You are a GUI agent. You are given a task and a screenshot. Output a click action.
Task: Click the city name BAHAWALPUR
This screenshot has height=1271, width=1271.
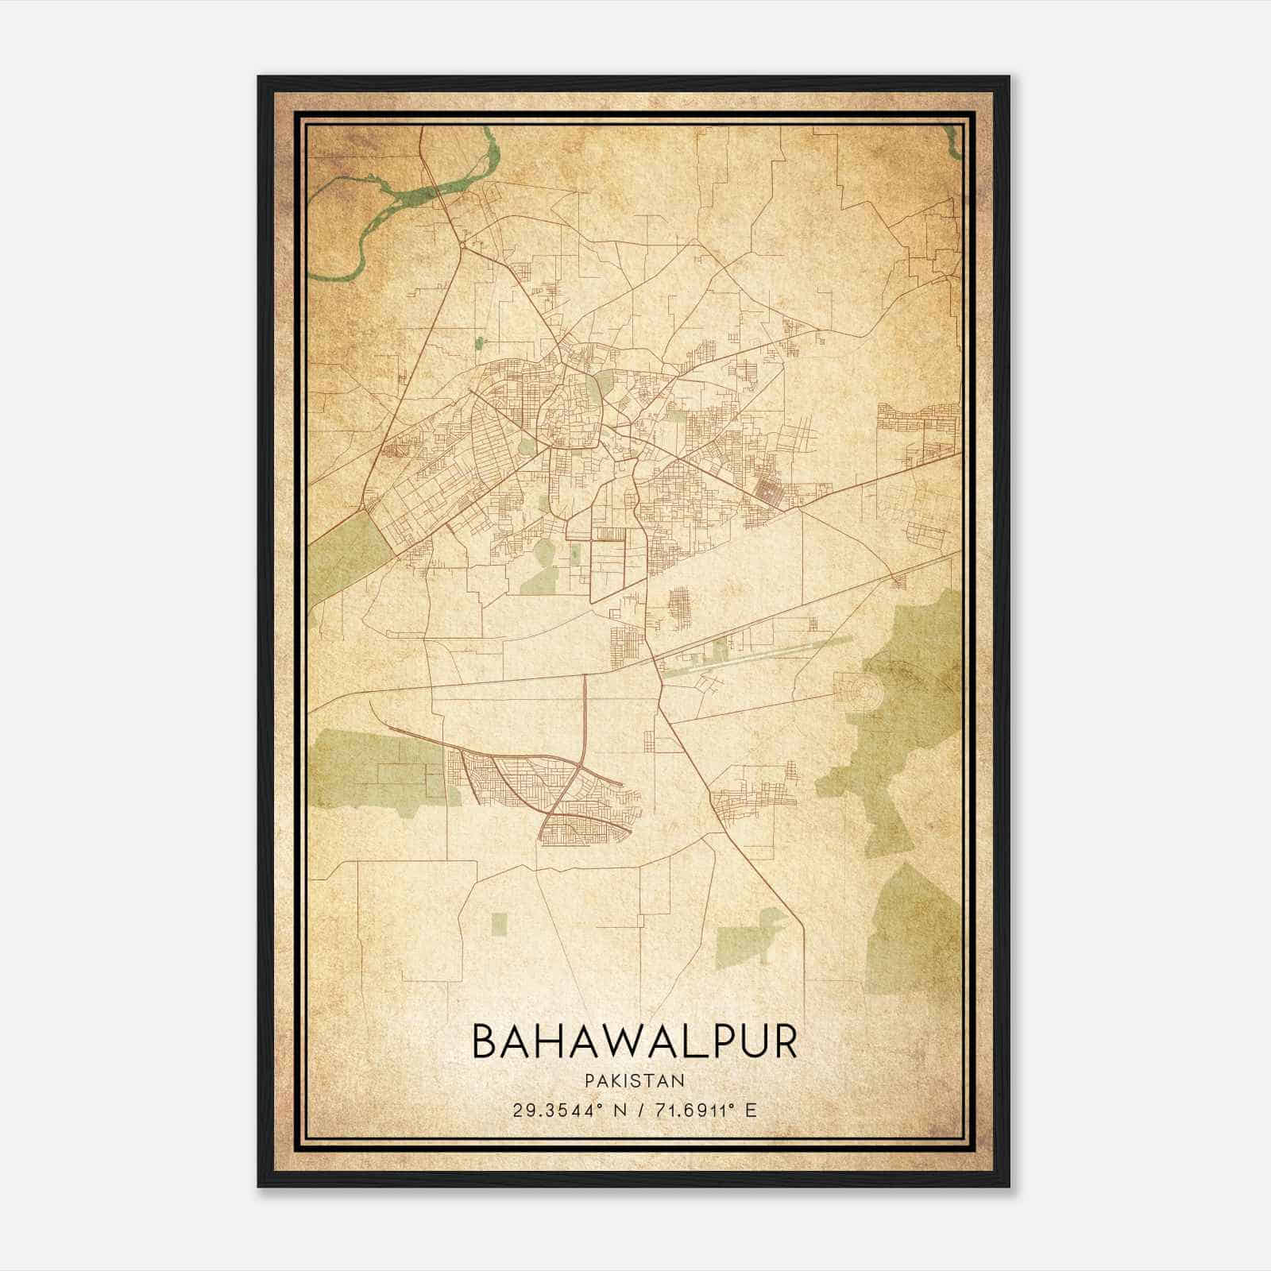pyautogui.click(x=635, y=1041)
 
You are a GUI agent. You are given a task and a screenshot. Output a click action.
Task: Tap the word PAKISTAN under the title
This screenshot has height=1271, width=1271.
pyautogui.click(x=635, y=1080)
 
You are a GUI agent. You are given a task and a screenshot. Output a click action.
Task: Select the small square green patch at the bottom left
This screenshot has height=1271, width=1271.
pyautogui.click(x=499, y=923)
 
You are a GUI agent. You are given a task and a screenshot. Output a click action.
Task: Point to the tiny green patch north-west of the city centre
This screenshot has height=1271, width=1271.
pyautogui.click(x=479, y=343)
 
